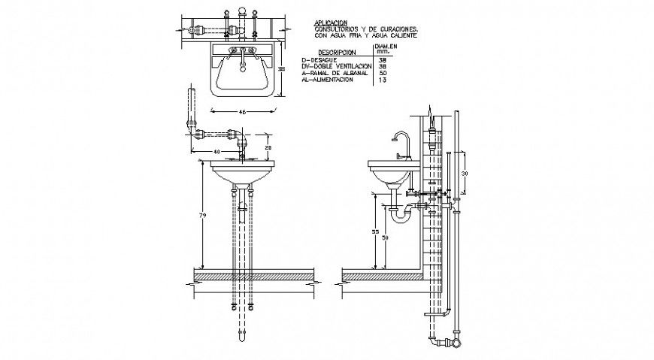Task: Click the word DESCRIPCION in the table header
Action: point(337,53)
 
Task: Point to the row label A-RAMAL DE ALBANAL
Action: point(334,73)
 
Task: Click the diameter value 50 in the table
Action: point(383,73)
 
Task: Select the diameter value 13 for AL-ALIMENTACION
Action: point(383,79)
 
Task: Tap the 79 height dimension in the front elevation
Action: point(201,216)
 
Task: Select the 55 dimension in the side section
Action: point(375,233)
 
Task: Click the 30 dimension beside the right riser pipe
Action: point(465,173)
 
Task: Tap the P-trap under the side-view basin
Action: point(399,213)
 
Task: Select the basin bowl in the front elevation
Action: point(243,175)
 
